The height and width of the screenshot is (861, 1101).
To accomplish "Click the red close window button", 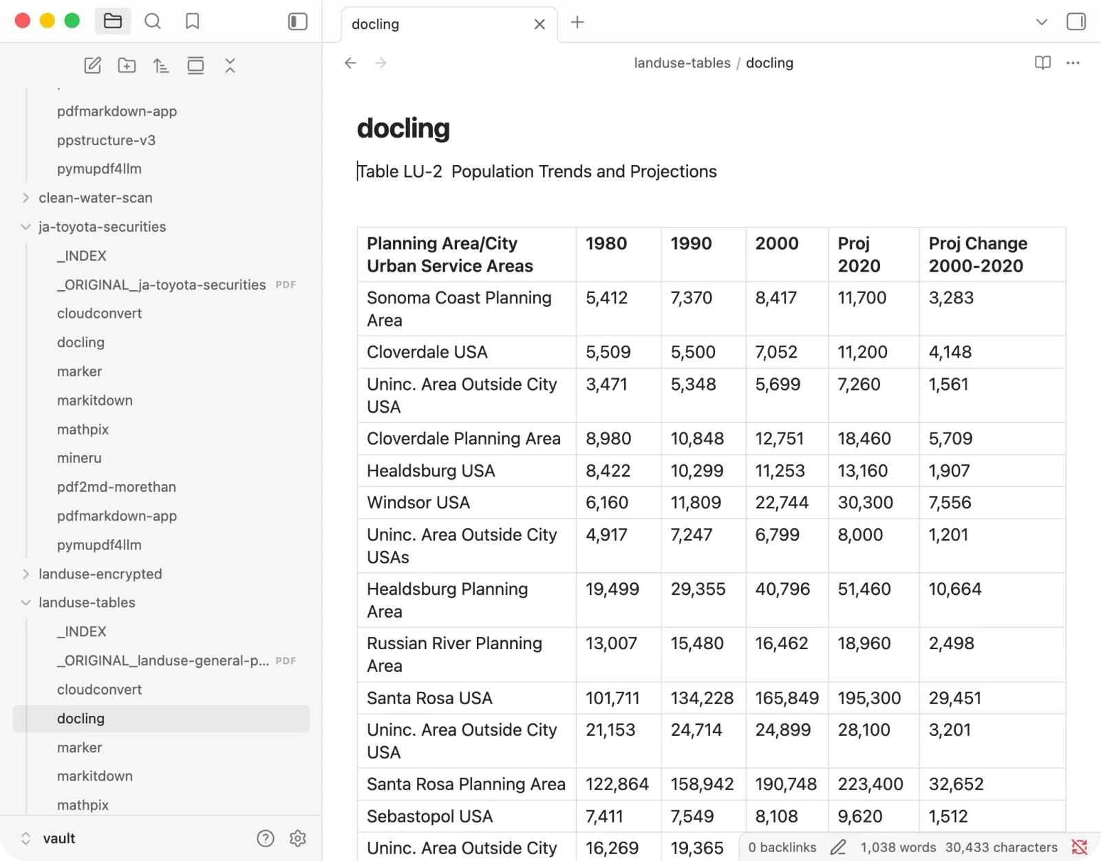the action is click(22, 21).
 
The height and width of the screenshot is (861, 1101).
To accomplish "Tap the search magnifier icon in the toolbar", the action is click(153, 21).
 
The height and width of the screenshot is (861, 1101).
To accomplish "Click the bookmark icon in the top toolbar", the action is click(193, 21).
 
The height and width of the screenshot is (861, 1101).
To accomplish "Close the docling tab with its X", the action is click(539, 24).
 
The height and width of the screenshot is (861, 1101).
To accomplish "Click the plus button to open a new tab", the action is click(577, 22).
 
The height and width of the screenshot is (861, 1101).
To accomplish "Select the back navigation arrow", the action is click(351, 63).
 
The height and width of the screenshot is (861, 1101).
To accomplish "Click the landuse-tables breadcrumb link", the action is click(682, 63).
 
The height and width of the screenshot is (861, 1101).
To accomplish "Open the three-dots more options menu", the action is click(1073, 63).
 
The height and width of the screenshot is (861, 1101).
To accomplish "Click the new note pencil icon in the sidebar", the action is click(92, 65).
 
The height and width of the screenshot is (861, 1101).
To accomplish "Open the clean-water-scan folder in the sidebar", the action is click(95, 198).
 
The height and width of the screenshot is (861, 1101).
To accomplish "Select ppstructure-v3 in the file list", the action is click(107, 140).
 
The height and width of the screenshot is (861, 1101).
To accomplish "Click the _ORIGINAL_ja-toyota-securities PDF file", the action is click(161, 285).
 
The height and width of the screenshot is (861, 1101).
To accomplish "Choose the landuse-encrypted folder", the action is click(100, 574).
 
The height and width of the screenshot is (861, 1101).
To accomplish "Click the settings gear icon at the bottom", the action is click(298, 839).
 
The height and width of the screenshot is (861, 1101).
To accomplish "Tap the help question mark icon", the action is click(266, 839).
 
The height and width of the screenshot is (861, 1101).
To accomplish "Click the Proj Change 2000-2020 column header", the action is click(978, 254).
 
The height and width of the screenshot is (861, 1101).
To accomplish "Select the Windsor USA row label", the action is click(418, 503).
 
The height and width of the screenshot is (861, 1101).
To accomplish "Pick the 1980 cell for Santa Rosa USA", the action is click(612, 698).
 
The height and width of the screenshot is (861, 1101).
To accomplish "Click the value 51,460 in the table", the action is click(864, 589).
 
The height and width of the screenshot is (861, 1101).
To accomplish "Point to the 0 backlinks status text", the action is click(782, 847).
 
